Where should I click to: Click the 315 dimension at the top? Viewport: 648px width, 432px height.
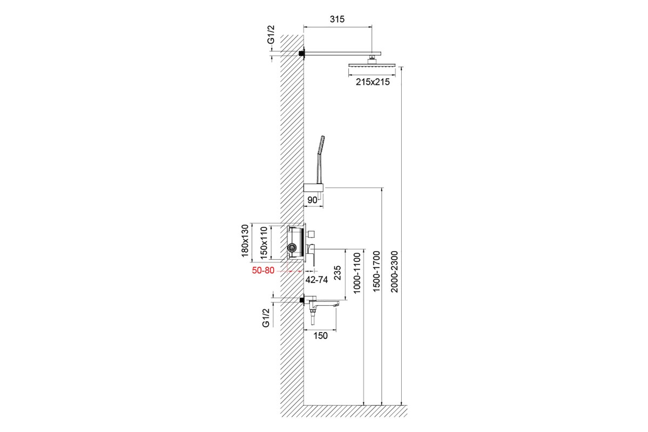coord(337,19)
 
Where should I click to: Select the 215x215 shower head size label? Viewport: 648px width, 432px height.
coord(373,82)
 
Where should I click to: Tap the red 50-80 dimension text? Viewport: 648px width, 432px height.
coord(263,270)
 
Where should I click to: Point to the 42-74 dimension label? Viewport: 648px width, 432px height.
coord(317,280)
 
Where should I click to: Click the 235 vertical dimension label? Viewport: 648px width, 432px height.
coord(337,273)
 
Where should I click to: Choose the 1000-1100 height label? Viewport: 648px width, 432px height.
coord(357,273)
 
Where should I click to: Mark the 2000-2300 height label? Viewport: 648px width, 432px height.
coord(395,272)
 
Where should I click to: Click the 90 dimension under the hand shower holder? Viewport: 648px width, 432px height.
coord(312,200)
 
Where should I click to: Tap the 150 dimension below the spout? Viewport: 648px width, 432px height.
coord(321,336)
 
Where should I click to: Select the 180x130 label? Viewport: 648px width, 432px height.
coord(245,241)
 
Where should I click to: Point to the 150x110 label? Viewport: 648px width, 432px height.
coord(264,242)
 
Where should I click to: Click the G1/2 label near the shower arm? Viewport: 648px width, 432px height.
coord(271,35)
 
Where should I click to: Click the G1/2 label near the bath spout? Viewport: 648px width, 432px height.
coord(266,318)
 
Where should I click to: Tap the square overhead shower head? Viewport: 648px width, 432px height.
coord(372,66)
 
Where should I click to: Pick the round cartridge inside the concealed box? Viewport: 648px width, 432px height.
coord(292,248)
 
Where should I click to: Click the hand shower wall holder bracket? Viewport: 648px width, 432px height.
coord(313,187)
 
